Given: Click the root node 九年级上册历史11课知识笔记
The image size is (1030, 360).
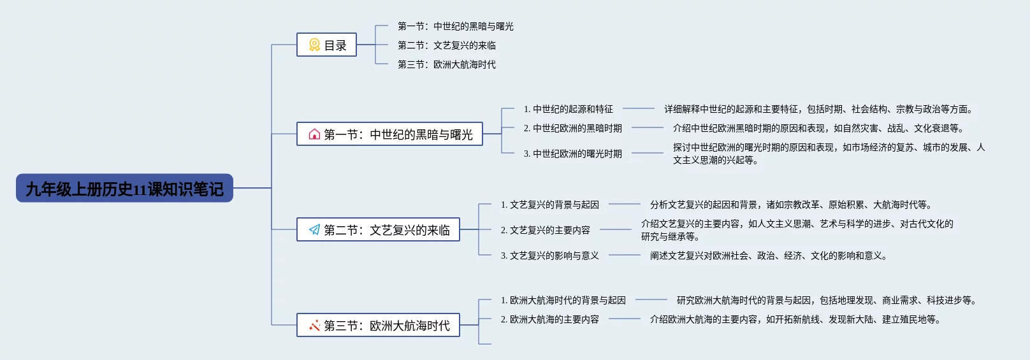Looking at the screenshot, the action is pos(125,188).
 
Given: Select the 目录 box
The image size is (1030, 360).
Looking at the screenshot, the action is pos(326,45).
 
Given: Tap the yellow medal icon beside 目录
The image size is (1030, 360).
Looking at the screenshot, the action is pos(314,45).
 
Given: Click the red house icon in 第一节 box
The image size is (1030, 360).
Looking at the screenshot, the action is pos(314,134).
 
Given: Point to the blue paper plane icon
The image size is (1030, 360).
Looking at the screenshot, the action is pos(314,229).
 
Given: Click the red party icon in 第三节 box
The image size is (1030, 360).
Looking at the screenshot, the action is pos(314,326).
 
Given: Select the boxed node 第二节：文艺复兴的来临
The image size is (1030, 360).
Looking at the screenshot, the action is pos(378,229).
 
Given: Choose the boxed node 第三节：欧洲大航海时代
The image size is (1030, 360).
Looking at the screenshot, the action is pos(378,325).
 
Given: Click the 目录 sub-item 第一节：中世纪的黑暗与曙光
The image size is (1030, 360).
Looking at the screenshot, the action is pos(455,26).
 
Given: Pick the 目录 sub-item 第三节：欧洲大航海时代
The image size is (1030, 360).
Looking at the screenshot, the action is pos(447,64).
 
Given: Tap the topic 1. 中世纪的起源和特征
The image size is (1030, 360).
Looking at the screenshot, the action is pos(569,109).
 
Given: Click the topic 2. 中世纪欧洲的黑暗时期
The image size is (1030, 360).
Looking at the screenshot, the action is pos(572,128).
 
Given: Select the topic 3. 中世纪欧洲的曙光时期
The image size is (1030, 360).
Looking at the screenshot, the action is pos(572,154).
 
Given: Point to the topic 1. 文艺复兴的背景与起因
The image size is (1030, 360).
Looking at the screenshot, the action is pos(550,205).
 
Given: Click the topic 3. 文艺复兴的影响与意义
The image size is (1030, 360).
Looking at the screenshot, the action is pos(550,256).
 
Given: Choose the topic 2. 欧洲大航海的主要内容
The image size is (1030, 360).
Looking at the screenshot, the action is pos(550,319).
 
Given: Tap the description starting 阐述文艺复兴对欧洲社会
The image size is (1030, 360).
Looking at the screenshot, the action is pos(769,256).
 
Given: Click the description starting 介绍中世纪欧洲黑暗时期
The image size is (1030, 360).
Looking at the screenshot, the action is pos(818,128).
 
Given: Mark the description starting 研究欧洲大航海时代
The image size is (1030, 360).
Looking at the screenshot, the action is pos(827,300).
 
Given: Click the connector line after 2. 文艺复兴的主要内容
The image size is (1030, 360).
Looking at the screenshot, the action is pos(616,229).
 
